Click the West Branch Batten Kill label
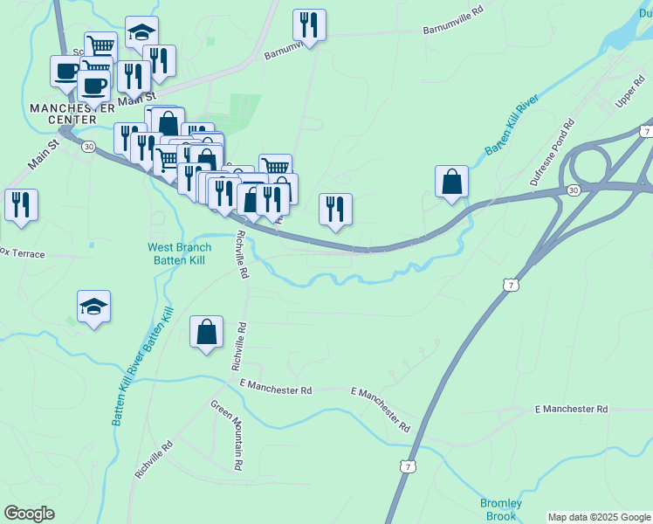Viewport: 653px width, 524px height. [179, 253]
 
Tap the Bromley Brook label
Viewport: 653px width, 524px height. [501, 509]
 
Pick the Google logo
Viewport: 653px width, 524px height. [29, 514]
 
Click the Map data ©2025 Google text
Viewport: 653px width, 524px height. [599, 517]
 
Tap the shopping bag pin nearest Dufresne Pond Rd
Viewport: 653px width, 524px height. [451, 182]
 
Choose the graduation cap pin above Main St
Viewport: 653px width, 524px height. [141, 31]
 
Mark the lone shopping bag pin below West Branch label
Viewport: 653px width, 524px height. [206, 332]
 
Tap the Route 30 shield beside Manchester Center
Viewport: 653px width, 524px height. [89, 147]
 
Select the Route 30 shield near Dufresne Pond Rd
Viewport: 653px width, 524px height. [572, 190]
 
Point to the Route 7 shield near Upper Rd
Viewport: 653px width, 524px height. [645, 131]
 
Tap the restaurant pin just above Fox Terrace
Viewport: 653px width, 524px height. [20, 205]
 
